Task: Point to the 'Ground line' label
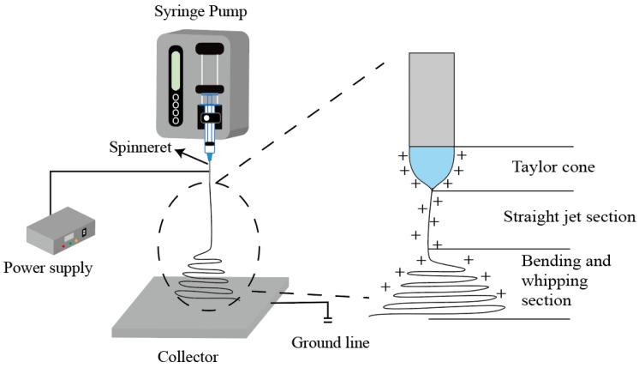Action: click(x=330, y=343)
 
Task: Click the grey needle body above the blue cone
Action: click(x=433, y=99)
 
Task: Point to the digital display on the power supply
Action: click(x=84, y=232)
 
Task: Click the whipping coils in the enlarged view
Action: click(x=445, y=292)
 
